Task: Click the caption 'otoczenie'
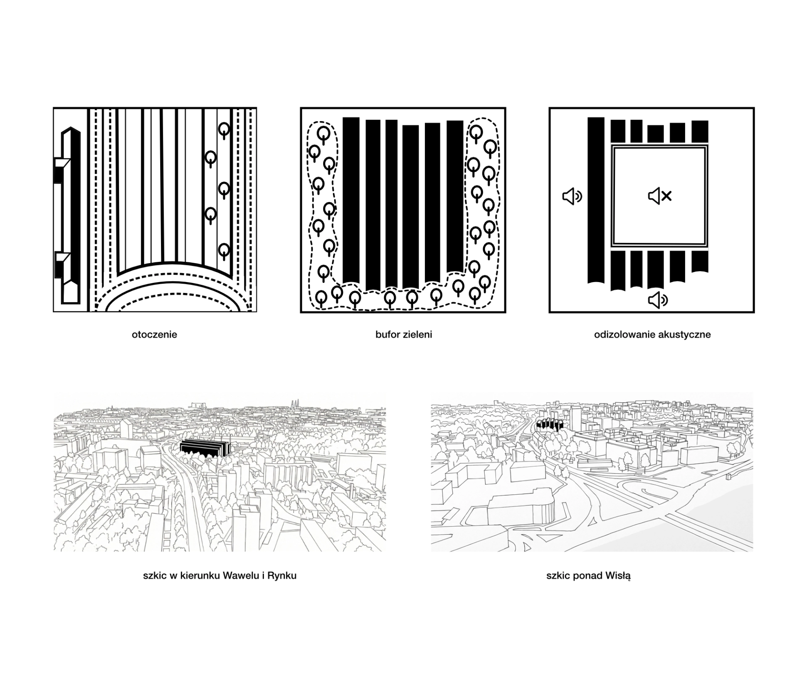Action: tap(154, 335)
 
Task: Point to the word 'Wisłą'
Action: tap(618, 576)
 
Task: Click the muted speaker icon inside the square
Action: tap(659, 196)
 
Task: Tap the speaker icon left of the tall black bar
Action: tap(572, 196)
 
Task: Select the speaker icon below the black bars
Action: tap(658, 300)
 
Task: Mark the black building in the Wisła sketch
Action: tap(549, 425)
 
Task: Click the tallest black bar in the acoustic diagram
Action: tap(596, 200)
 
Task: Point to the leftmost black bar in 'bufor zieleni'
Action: tap(351, 200)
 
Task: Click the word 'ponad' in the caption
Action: tap(587, 576)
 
